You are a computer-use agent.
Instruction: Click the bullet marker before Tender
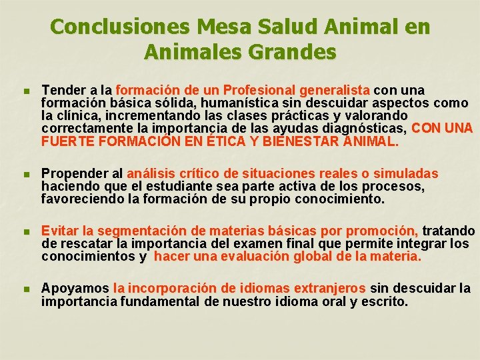pos(26,91)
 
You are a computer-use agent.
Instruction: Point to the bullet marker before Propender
pos(26,175)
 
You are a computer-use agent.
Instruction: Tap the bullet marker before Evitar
pos(26,232)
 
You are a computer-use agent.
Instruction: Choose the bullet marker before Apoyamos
pos(26,289)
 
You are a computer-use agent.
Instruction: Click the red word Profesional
pos(260,90)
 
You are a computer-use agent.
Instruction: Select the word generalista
pos(335,90)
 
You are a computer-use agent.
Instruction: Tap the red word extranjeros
pos(323,289)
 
